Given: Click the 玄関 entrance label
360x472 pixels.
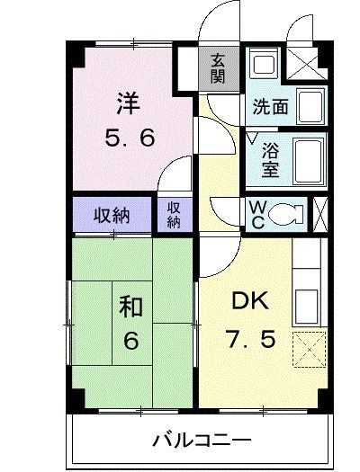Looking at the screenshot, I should (x=218, y=68).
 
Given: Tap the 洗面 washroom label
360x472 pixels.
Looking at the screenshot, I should (x=269, y=106).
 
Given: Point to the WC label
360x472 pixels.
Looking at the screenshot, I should (x=256, y=213).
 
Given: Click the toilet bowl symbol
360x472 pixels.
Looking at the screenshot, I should (x=288, y=214).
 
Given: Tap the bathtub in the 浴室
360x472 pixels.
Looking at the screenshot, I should (x=310, y=158).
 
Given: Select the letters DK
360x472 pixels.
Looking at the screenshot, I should (x=248, y=299).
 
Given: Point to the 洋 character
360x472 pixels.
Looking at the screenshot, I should (x=126, y=102).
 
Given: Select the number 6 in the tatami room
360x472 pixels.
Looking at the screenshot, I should (x=130, y=342).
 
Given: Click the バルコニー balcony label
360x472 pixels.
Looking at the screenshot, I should (x=201, y=440).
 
